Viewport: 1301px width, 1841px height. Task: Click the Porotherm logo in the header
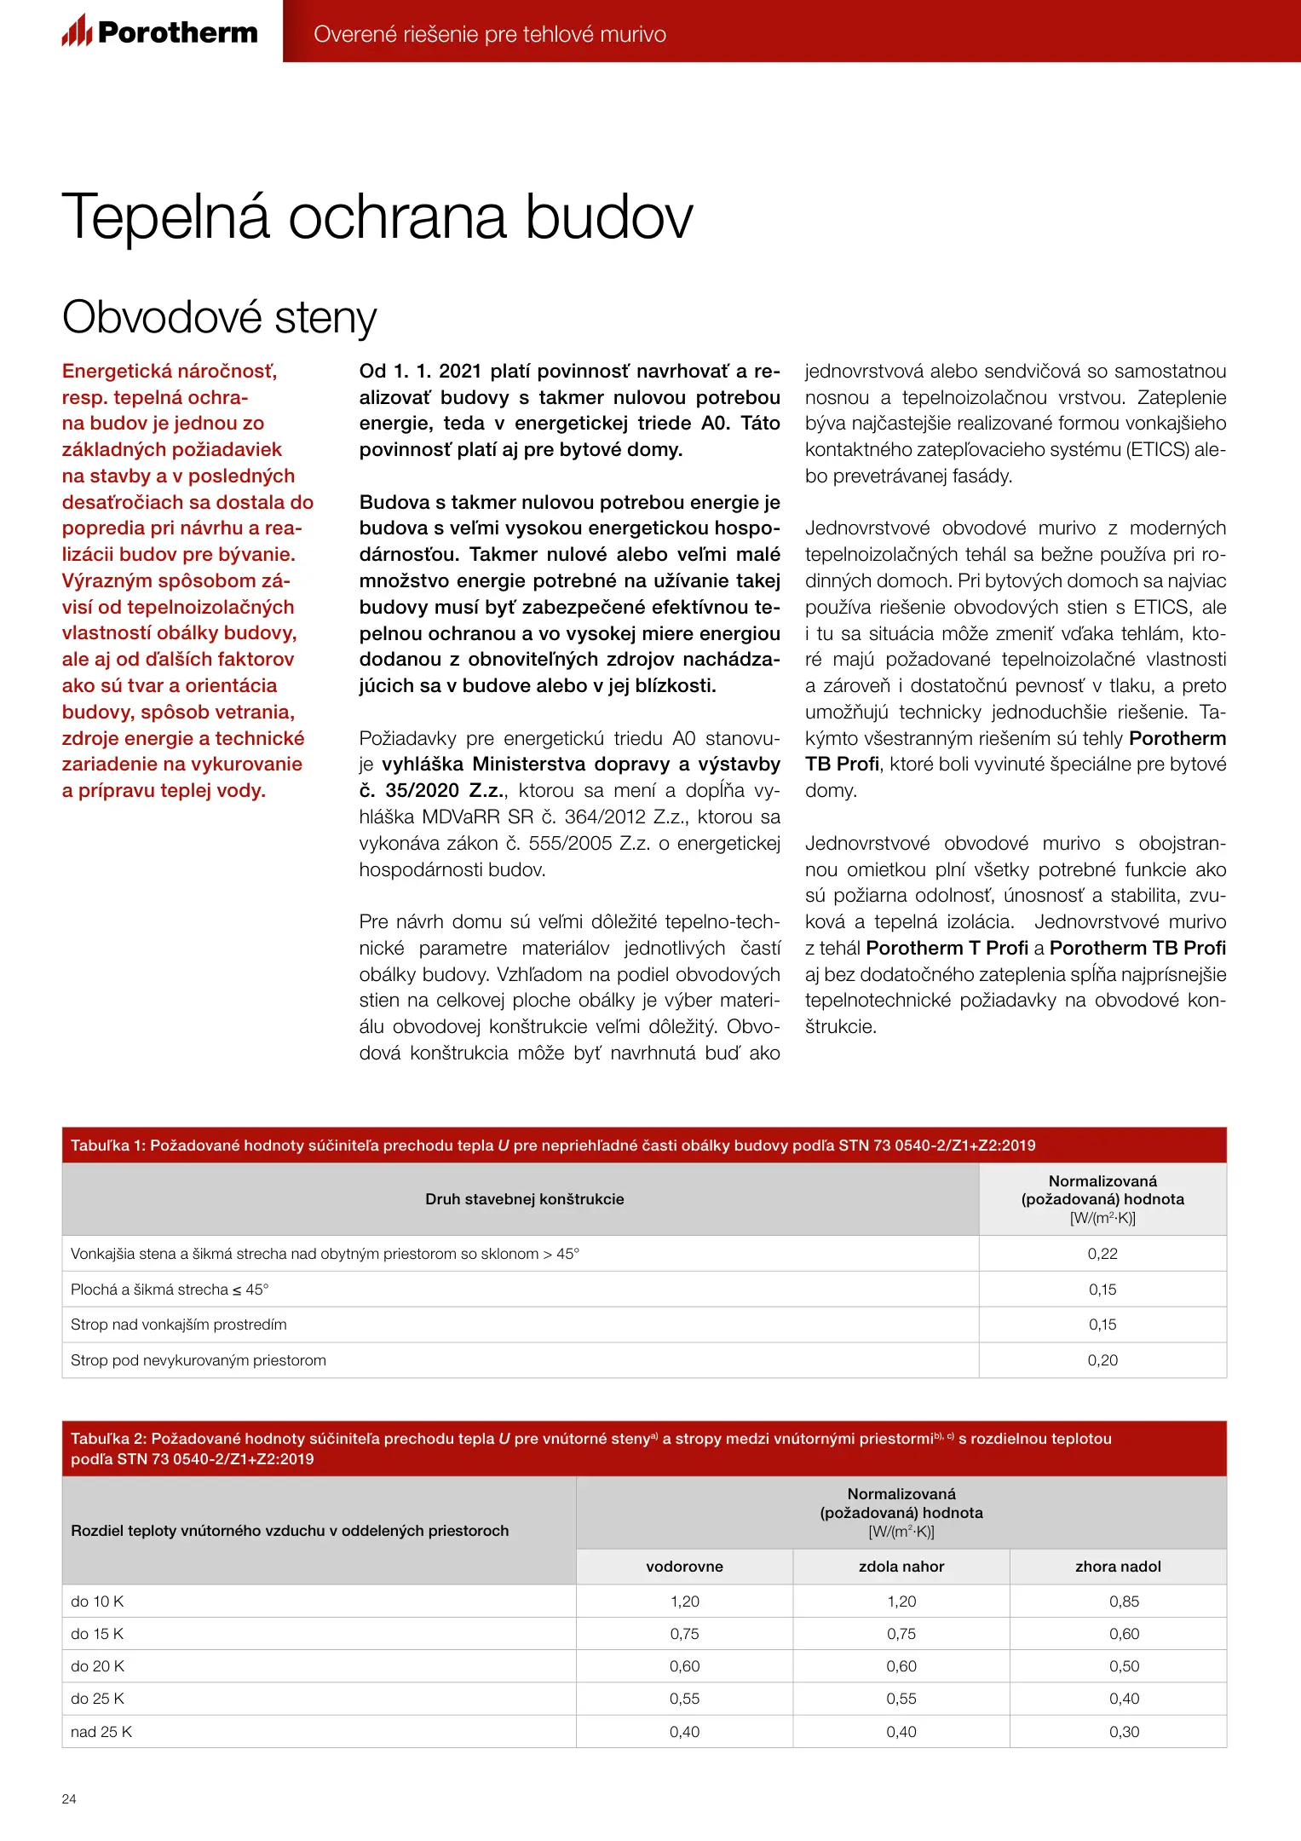[159, 32]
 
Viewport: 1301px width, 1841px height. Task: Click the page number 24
[69, 1798]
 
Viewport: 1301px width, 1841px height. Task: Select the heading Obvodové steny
[219, 317]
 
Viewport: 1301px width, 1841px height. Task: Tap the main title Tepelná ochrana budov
[377, 217]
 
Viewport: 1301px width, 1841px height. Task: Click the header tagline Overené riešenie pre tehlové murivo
[489, 34]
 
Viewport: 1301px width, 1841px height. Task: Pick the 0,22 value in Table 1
[1102, 1254]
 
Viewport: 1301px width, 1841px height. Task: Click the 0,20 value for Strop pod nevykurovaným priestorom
[1102, 1360]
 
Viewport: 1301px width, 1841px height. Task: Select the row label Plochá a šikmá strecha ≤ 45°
[170, 1290]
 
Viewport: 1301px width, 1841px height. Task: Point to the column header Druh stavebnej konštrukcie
[524, 1199]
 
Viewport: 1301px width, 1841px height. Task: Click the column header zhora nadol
[1118, 1567]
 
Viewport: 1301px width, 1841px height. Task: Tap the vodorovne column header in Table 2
[684, 1567]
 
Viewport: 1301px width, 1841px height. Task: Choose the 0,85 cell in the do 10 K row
[1124, 1601]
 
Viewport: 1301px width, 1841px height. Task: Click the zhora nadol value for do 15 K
[1124, 1634]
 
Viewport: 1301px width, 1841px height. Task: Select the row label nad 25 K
[101, 1732]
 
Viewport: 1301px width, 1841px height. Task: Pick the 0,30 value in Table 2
[1124, 1732]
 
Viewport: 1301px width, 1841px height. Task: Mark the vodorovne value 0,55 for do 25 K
[684, 1699]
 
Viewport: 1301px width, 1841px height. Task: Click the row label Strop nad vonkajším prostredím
[179, 1324]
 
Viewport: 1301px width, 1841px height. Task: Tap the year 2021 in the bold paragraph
[460, 372]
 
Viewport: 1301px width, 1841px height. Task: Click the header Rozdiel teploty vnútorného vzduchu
[290, 1531]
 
